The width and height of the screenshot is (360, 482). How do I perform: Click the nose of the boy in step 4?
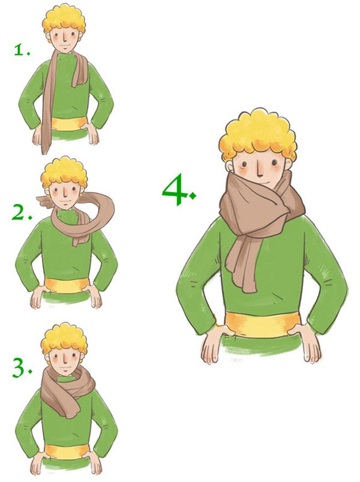click(260, 170)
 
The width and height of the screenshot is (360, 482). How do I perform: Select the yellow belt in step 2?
click(67, 286)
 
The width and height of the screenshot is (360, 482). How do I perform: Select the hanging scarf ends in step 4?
click(244, 264)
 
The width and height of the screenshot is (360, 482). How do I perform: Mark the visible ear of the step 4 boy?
click(230, 166)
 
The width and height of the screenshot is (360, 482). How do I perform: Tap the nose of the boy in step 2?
click(65, 193)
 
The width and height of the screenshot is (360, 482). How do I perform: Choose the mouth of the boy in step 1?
click(65, 45)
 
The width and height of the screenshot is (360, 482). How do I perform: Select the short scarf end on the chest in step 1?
click(80, 71)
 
